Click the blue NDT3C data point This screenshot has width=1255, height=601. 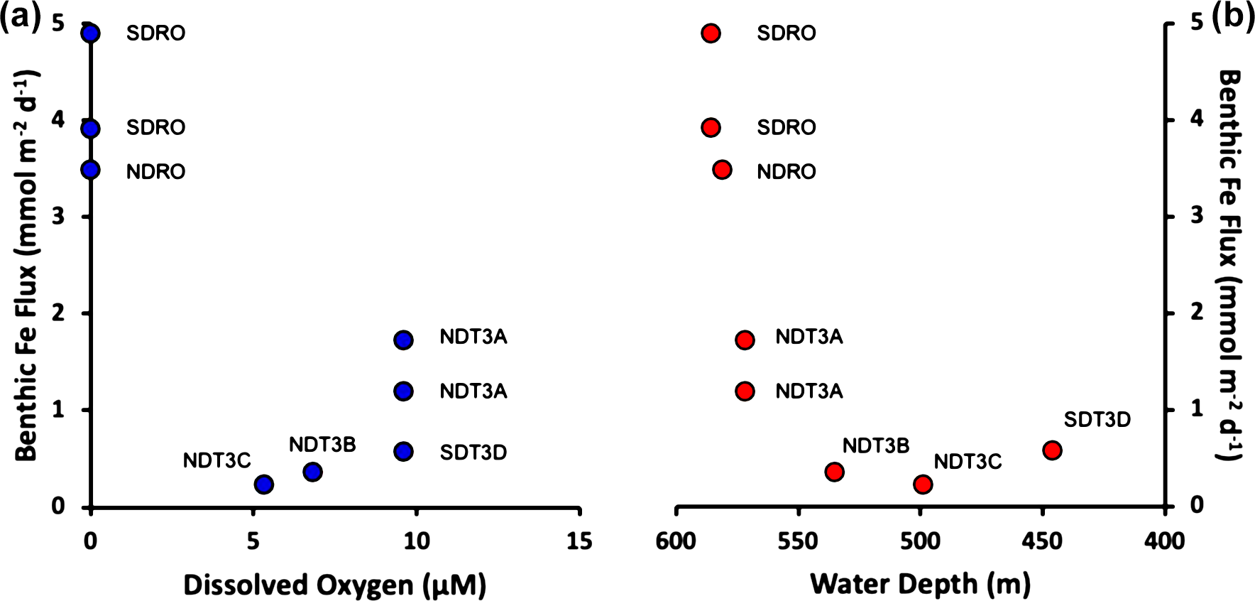coord(264,484)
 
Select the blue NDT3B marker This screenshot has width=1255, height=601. coord(313,472)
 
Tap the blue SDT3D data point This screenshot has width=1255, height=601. coord(403,452)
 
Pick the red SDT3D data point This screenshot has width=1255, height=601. coord(1052,450)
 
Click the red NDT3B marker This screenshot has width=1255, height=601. coord(834,472)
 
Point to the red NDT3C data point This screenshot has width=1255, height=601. coord(923,484)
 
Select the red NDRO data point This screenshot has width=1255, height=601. coord(722,170)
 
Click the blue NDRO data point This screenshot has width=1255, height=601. coord(90,170)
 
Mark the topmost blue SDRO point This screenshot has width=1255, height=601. coord(90,33)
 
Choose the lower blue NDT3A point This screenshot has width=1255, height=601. coord(403,391)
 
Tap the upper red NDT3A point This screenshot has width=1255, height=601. coord(745,340)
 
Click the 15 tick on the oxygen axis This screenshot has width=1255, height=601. coord(579,541)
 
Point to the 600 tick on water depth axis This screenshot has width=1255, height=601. coord(676,541)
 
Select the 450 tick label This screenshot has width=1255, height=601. coord(1042,541)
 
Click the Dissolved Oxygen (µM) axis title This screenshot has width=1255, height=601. coord(334,585)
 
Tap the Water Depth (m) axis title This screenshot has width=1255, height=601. coord(920,584)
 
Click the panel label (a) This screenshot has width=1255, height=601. coord(21,16)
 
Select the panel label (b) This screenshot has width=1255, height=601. coord(1233,16)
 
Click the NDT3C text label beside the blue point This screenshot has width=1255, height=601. coord(217,460)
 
